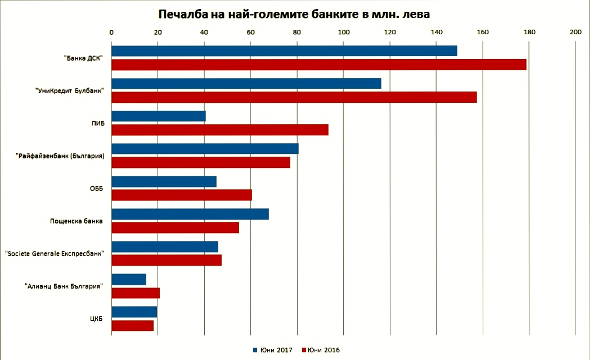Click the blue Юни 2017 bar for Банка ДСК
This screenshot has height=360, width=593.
tap(284, 51)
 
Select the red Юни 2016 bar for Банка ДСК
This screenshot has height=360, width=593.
tap(318, 65)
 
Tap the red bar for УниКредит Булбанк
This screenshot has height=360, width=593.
tap(294, 97)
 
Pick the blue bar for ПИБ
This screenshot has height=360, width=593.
tap(159, 116)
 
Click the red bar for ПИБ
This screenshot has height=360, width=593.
tap(219, 130)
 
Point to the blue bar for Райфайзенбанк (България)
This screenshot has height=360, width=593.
tap(205, 149)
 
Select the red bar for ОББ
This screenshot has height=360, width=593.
tap(182, 195)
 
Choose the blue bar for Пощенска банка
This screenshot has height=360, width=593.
tap(190, 214)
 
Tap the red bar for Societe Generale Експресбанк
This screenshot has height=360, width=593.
tap(167, 260)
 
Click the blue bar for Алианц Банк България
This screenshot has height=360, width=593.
tap(129, 279)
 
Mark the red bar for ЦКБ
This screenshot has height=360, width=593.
tap(132, 325)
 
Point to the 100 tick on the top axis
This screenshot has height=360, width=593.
tap(343, 32)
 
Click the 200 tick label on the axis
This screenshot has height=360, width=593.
tap(575, 32)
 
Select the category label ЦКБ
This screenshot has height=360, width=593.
tap(96, 319)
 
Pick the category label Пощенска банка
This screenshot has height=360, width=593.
tap(77, 221)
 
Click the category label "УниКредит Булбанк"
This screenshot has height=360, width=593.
tap(69, 91)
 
